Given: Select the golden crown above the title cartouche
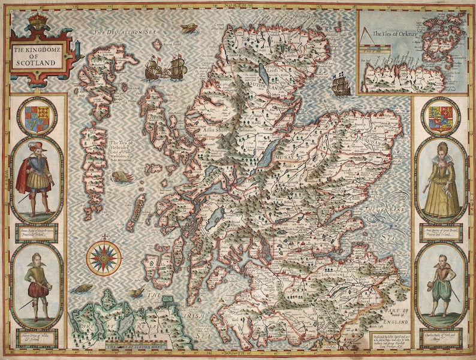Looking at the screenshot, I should click(x=38, y=21).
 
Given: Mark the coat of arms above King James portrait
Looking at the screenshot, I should click(x=37, y=116).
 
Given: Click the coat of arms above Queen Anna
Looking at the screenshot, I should click(x=441, y=116).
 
